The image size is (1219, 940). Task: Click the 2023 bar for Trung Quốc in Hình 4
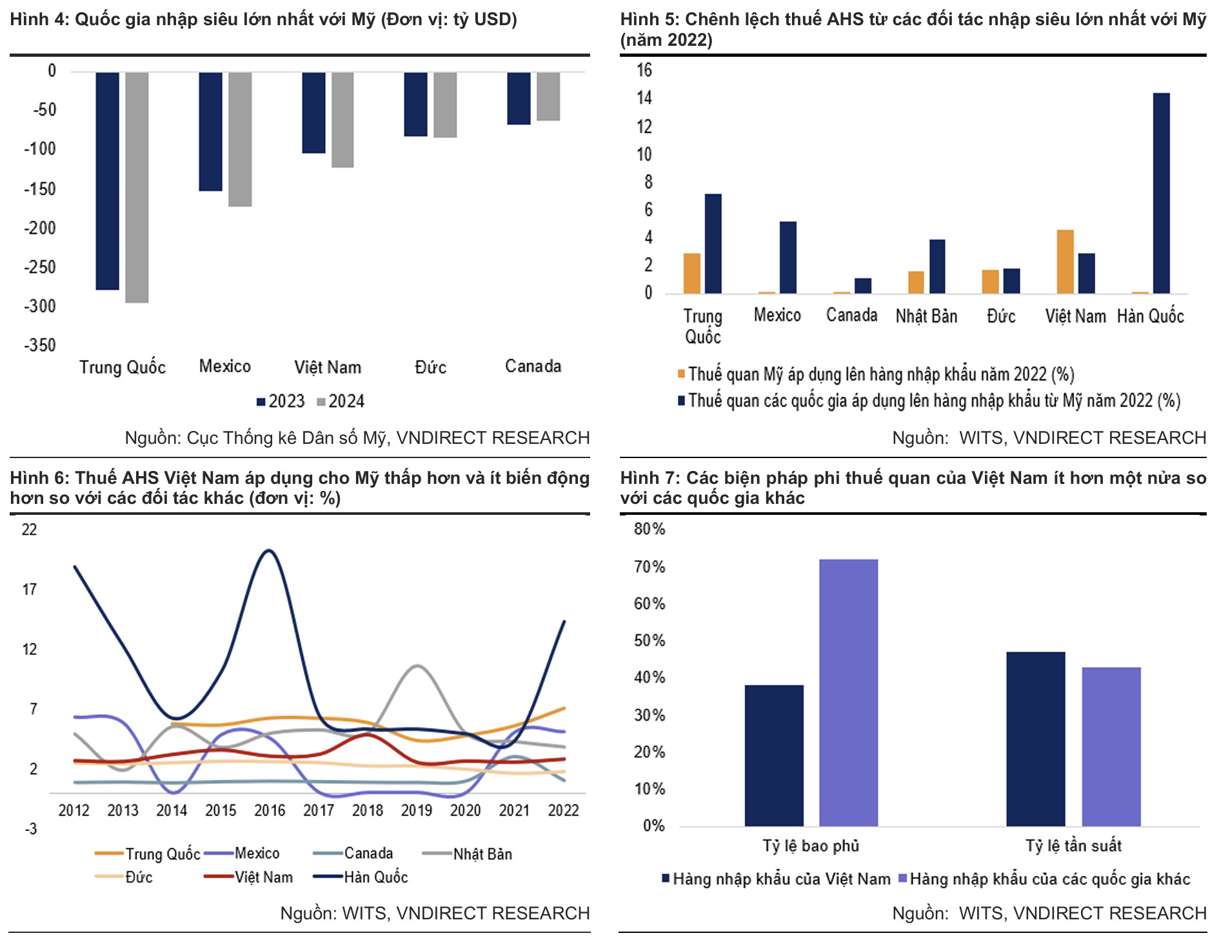[107, 181]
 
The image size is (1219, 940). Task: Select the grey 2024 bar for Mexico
[240, 139]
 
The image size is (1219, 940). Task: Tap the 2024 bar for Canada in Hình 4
[548, 97]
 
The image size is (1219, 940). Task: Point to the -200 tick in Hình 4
[40, 228]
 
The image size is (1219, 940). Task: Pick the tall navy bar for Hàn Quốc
[1161, 194]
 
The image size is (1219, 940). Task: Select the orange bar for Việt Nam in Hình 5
[1065, 261]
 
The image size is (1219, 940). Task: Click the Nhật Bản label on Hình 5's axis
[926, 316]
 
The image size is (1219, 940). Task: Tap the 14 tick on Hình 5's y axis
[644, 98]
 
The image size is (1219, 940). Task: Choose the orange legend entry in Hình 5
[876, 374]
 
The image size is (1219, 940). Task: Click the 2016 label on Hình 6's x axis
[270, 810]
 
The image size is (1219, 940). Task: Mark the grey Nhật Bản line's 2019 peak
[417, 665]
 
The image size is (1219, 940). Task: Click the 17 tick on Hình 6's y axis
[30, 589]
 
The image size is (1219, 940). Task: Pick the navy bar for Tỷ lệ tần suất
[1035, 739]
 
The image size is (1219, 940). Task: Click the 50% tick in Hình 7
[649, 641]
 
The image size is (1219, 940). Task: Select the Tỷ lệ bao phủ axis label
[811, 846]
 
